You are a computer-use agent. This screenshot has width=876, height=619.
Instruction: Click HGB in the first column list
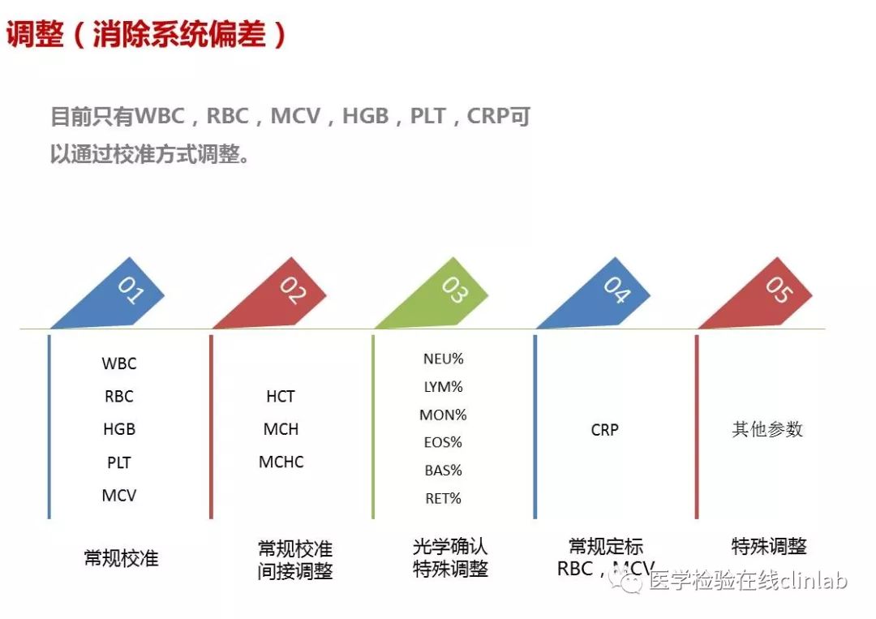tap(119, 429)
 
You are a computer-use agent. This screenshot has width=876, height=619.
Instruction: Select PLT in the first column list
tap(119, 462)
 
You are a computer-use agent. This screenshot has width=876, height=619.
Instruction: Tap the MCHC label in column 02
tap(281, 462)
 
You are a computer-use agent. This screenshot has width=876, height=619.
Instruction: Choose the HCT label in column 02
tap(281, 396)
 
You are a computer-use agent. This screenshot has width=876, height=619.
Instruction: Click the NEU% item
tap(444, 359)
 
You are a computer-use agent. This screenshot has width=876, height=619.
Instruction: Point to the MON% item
tap(443, 415)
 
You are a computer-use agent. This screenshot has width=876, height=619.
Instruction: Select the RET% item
tap(443, 498)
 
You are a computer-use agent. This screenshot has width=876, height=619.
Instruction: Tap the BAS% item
tap(443, 471)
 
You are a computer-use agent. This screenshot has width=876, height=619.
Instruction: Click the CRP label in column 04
tap(604, 430)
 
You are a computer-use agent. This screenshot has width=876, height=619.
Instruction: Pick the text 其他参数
tap(767, 429)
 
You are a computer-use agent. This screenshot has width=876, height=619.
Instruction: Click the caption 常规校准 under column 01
tap(121, 558)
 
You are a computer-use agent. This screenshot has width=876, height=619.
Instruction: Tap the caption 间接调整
tap(295, 571)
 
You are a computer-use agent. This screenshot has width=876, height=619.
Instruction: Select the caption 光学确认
tap(450, 546)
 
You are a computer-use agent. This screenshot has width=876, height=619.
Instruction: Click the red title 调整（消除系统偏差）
tap(146, 34)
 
